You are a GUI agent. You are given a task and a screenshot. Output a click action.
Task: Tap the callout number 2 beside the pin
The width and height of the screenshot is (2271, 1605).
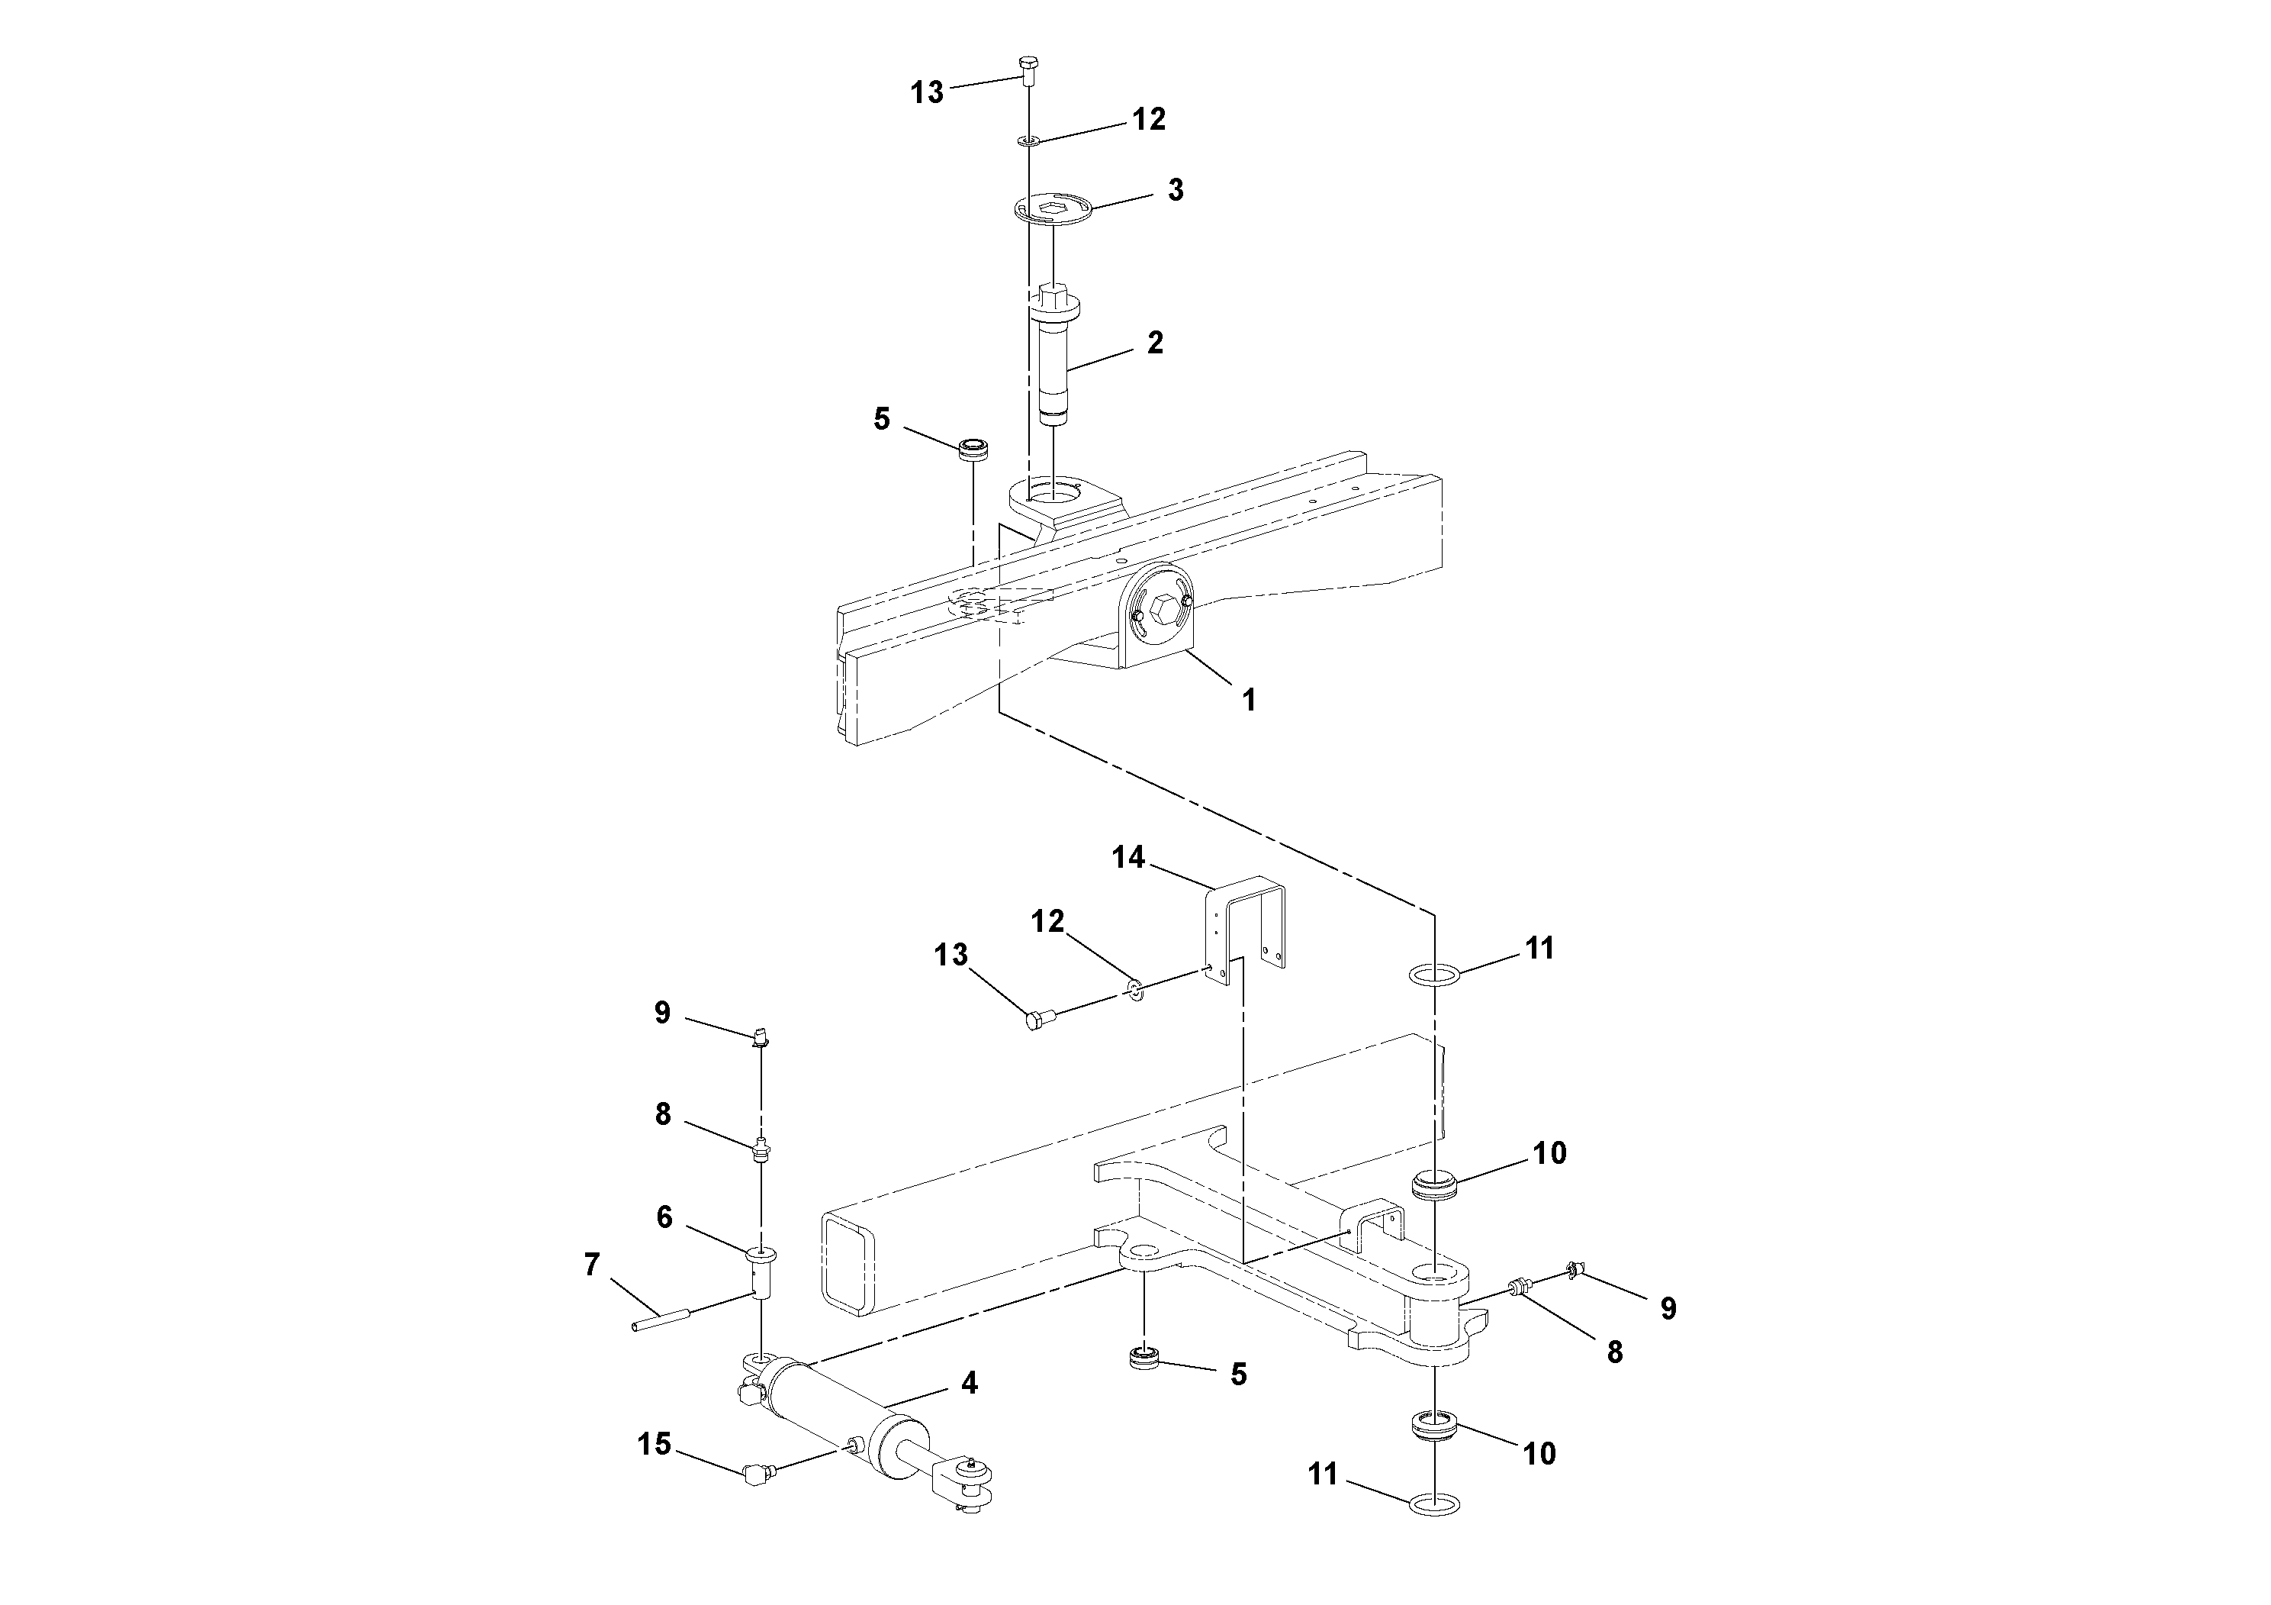[x=1154, y=343]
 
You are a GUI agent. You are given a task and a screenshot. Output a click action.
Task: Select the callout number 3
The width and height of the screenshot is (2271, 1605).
[x=1175, y=190]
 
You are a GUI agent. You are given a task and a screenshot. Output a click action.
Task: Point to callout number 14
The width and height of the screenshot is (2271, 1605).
[x=1127, y=857]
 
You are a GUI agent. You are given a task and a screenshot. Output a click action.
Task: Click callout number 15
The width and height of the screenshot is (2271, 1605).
[x=654, y=1444]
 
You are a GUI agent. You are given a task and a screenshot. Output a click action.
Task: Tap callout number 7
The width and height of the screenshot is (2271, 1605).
[x=591, y=1265]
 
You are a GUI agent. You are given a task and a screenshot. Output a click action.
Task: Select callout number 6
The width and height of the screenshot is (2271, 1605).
[x=664, y=1217]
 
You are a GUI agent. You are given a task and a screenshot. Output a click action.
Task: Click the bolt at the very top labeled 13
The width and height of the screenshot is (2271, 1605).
[x=1028, y=69]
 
